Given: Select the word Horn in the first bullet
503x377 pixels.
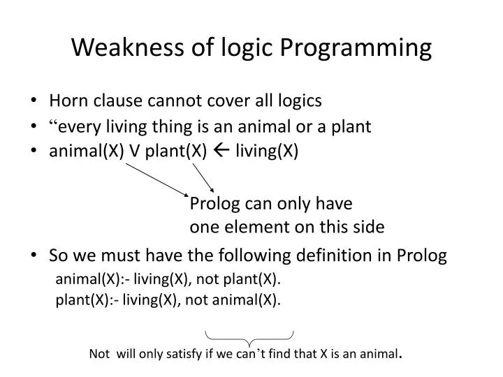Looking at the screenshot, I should tap(67, 101).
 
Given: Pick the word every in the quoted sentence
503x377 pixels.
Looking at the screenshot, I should tap(78, 126).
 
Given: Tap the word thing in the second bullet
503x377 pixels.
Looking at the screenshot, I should tap(164, 126).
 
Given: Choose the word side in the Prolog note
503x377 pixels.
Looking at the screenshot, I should tap(369, 227).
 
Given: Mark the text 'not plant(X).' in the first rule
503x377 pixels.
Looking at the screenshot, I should tap(238, 280).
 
